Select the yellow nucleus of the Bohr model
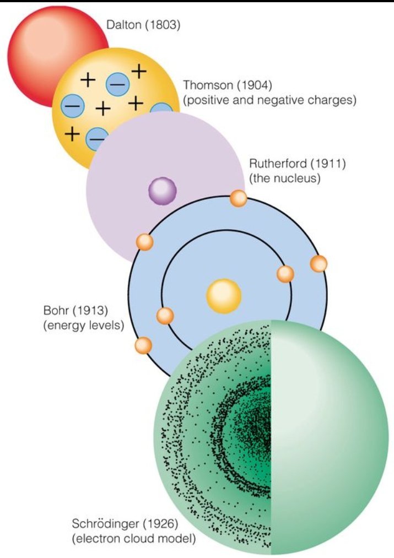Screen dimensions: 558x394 click(224, 296)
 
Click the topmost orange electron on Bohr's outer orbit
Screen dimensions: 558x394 click(239, 198)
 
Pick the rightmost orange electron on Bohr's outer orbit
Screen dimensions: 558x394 click(319, 264)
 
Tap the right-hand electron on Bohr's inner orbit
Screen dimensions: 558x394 click(285, 274)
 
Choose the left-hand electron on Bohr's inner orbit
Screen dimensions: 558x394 click(165, 316)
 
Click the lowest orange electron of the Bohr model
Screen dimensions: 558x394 click(143, 345)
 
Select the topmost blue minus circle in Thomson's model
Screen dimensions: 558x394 click(117, 84)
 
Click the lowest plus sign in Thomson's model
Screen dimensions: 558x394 click(71, 133)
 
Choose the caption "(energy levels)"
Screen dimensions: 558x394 click(83, 325)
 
